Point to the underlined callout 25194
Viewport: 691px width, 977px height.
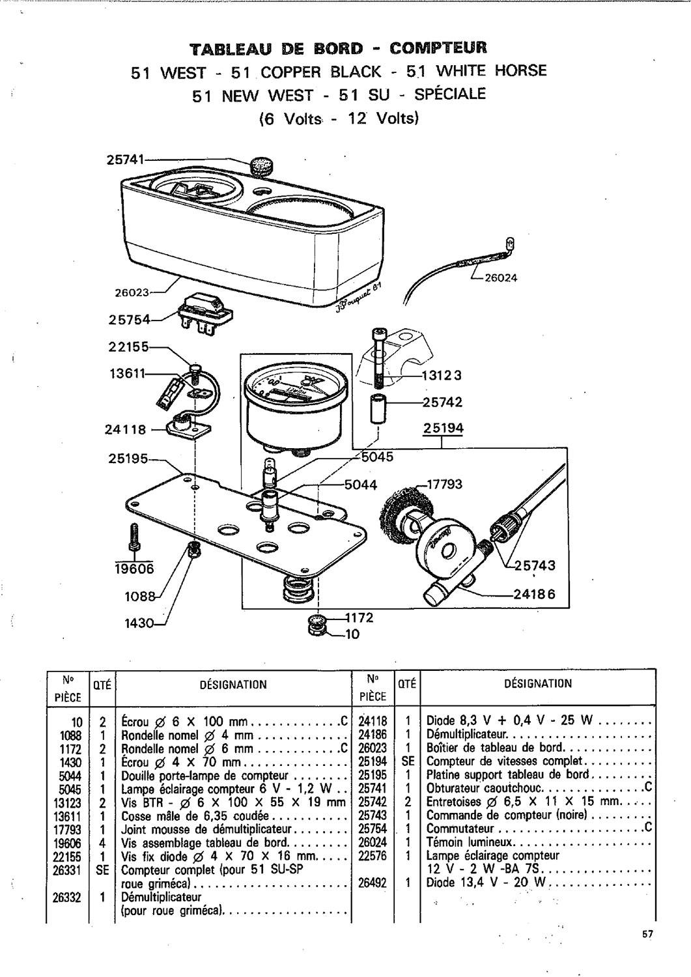point(443,428)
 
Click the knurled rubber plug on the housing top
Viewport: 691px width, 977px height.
point(262,166)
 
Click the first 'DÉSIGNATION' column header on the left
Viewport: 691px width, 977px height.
point(233,685)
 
